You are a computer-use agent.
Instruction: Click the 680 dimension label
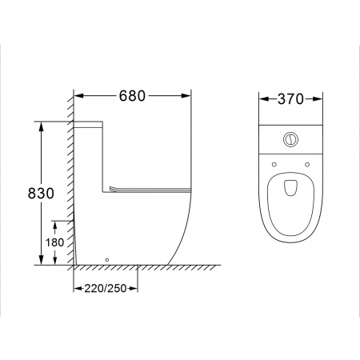(x=132, y=96)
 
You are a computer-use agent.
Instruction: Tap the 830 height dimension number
(x=41, y=194)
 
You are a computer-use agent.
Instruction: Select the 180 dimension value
(x=54, y=242)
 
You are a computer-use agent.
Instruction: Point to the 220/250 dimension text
(x=106, y=288)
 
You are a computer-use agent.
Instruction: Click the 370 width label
(x=290, y=99)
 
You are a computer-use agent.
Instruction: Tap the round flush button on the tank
(x=290, y=139)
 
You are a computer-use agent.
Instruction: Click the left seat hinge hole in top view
(x=274, y=165)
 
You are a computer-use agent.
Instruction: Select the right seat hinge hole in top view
(x=307, y=165)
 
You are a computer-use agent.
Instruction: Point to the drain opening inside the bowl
(x=290, y=188)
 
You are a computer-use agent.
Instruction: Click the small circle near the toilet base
(x=107, y=260)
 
